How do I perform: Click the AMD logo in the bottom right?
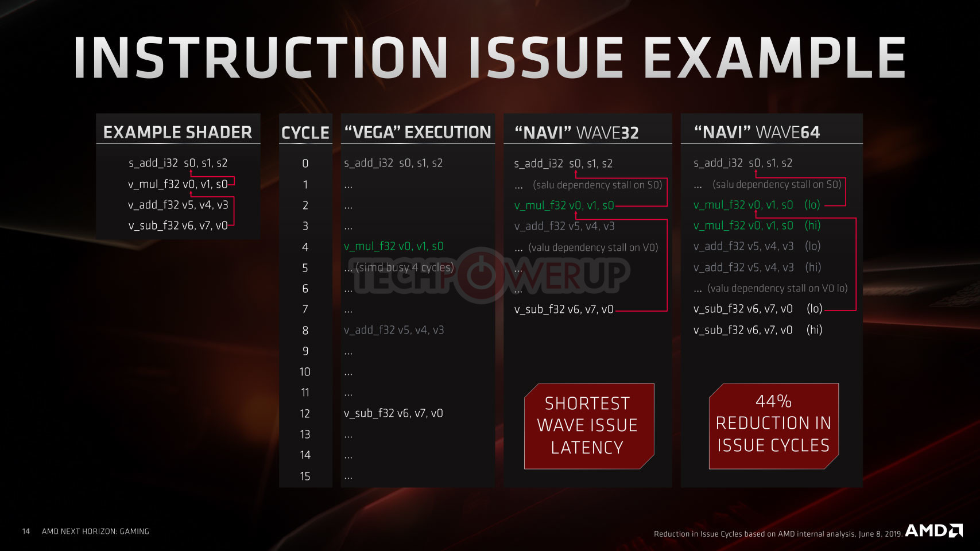click(x=933, y=530)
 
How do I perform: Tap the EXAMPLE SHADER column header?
click(x=177, y=132)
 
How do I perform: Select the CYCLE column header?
click(x=305, y=133)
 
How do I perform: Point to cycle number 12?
click(x=305, y=413)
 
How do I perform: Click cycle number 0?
click(x=305, y=163)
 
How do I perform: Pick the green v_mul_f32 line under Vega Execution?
click(x=394, y=246)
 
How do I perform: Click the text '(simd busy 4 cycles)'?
click(x=405, y=267)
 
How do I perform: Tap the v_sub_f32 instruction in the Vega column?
click(x=393, y=413)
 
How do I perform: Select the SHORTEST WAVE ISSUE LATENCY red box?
click(x=589, y=426)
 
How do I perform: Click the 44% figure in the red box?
click(x=773, y=401)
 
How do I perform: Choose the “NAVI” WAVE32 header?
click(x=576, y=133)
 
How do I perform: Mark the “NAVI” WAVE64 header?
click(x=757, y=132)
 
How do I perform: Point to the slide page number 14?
click(x=26, y=531)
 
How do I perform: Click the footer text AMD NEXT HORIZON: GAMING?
click(x=95, y=531)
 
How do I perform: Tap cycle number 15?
click(x=305, y=476)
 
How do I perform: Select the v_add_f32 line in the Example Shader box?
click(x=178, y=205)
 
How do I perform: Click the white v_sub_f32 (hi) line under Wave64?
click(x=758, y=329)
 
